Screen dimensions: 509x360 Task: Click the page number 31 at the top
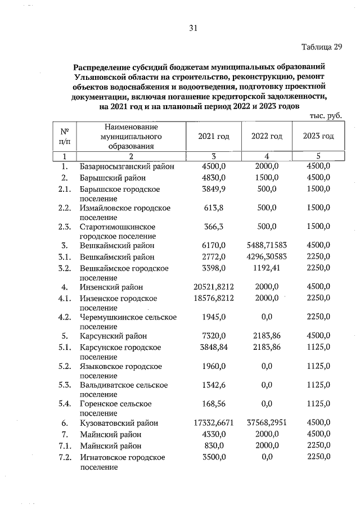pyautogui.click(x=193, y=28)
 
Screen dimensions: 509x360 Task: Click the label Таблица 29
pyautogui.click(x=322, y=47)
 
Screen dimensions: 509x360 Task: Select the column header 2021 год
pyautogui.click(x=214, y=136)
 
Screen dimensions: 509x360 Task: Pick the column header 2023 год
pyautogui.click(x=318, y=136)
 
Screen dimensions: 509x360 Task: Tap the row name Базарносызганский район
pyautogui.click(x=127, y=166)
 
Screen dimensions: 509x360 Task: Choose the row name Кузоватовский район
pyautogui.click(x=119, y=423)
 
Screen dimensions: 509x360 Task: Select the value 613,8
pyautogui.click(x=214, y=208)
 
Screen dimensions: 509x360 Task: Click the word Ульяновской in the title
pyautogui.click(x=101, y=76)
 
